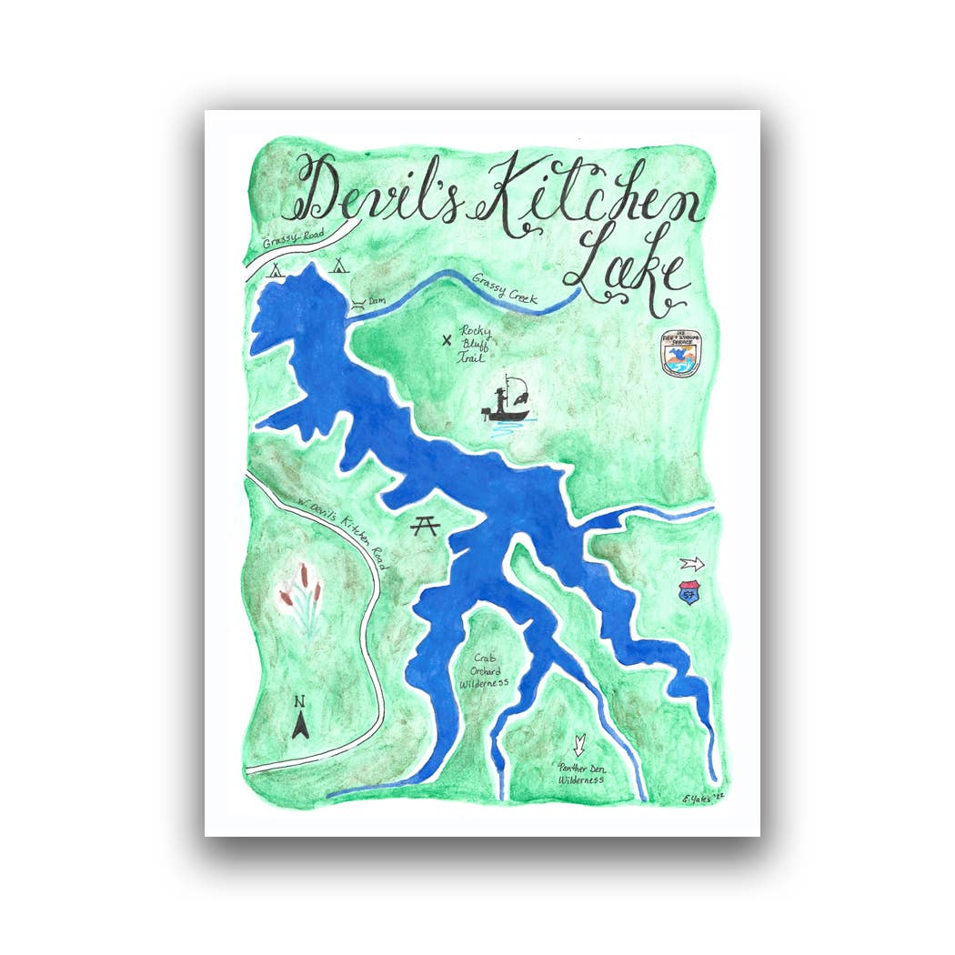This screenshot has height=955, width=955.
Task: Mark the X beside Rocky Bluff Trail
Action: click(447, 342)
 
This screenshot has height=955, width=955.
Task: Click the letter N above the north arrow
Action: click(298, 701)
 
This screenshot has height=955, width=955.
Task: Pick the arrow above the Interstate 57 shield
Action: click(693, 563)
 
